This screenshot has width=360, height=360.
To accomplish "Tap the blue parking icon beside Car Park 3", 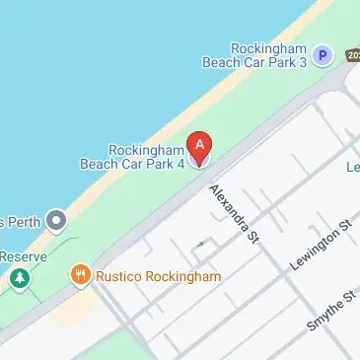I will [323, 56].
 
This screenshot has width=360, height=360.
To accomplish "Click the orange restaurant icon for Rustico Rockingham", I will [81, 275].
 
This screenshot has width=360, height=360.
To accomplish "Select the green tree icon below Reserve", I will [18, 280].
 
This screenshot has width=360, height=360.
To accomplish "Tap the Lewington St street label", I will [321, 247].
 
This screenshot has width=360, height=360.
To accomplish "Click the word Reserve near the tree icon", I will [17, 256].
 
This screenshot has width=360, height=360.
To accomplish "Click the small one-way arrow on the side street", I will [201, 242].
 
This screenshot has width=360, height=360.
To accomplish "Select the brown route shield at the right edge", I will [354, 54].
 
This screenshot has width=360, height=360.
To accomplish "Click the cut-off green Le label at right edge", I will [353, 168].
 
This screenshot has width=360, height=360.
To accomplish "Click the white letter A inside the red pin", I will [200, 144].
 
